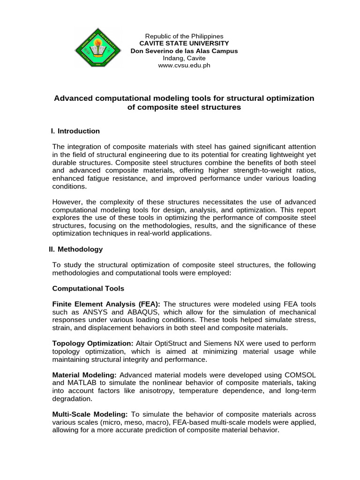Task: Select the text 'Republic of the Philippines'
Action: point(184,36)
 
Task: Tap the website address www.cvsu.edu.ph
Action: point(184,66)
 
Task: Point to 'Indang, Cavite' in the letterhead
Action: point(184,58)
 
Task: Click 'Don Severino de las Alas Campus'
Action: point(184,51)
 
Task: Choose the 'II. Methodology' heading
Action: point(75,249)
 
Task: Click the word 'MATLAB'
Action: point(83,383)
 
